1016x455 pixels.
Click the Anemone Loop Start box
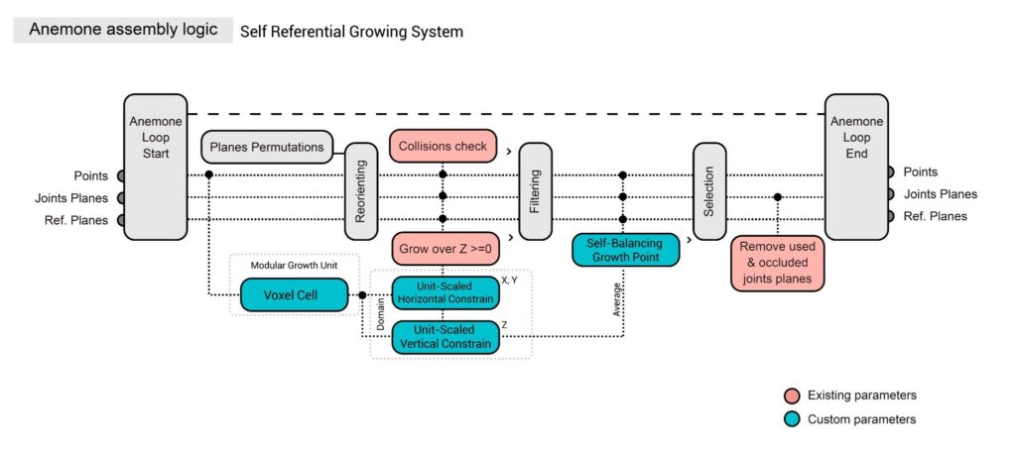(156, 167)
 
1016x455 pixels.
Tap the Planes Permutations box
(267, 148)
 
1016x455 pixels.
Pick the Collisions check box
(443, 147)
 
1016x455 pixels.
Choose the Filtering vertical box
(534, 189)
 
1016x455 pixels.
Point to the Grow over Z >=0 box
(443, 247)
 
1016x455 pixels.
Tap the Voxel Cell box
(293, 294)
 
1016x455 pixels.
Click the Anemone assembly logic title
(123, 30)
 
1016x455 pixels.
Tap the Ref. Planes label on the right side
(935, 216)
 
